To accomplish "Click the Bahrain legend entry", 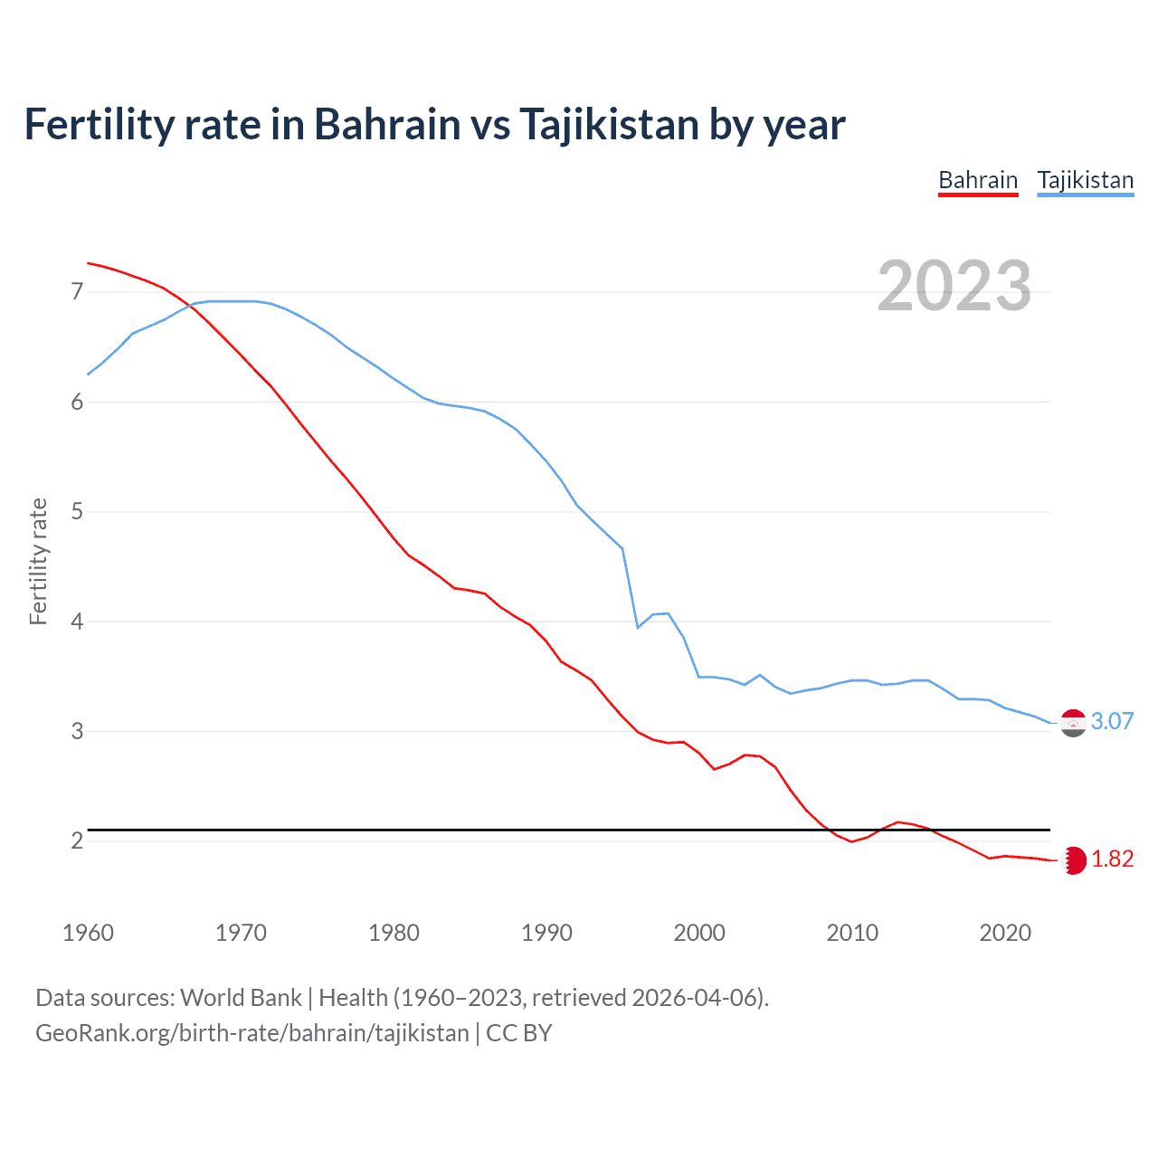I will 978,180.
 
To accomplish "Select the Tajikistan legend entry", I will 1085,180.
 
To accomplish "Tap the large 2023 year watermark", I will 954,286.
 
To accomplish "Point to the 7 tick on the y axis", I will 77,291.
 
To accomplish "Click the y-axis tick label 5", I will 77,512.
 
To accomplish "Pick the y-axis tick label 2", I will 77,841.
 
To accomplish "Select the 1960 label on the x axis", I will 88,933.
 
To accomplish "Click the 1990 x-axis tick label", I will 546,933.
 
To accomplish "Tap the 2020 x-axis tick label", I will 1005,933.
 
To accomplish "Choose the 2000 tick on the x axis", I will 699,933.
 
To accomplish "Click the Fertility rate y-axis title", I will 38,561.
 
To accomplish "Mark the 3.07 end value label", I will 1112,721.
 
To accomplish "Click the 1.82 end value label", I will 1112,859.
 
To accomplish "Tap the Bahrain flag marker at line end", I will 1074,860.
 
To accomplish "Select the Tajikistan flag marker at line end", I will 1073,723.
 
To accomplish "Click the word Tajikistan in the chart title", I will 608,125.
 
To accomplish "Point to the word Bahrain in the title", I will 387,125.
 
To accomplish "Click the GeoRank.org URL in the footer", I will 252,1033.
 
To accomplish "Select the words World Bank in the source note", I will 241,998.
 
